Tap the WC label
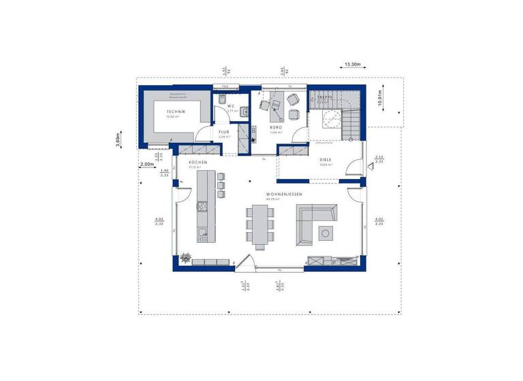(x=231, y=106)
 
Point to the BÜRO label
(x=276, y=127)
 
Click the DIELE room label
(x=326, y=159)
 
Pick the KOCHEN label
(x=197, y=162)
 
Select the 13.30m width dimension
(x=352, y=65)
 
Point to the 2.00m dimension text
(x=146, y=164)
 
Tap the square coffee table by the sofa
(x=326, y=232)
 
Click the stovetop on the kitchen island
(x=202, y=204)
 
